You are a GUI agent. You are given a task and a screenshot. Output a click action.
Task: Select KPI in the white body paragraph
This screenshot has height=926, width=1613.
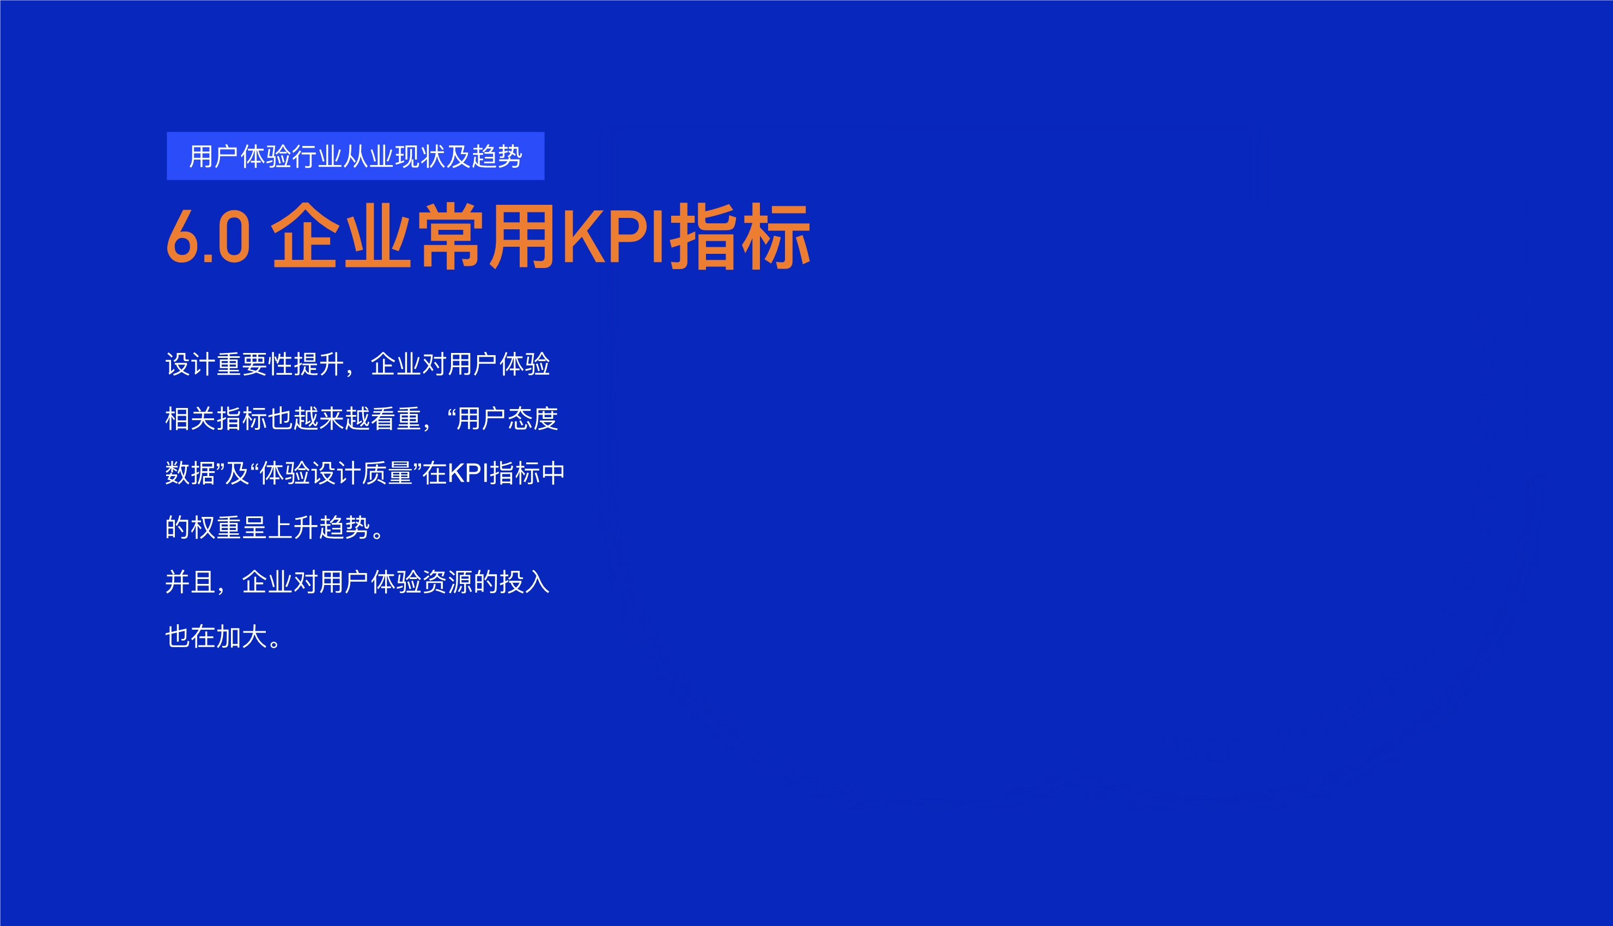[x=467, y=473]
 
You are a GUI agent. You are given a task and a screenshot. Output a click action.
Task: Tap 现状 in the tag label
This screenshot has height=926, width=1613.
[x=420, y=156]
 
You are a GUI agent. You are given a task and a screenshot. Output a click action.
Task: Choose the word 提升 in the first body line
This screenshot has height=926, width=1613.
[x=319, y=364]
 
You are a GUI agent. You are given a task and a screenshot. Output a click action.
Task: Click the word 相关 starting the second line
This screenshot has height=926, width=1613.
[x=190, y=419]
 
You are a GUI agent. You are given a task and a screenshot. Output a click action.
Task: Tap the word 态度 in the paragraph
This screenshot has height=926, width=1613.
[x=532, y=419]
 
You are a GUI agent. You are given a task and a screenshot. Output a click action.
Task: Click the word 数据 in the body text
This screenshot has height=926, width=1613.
[x=190, y=473]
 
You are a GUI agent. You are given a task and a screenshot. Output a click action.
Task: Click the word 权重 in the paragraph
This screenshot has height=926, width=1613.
[x=216, y=528]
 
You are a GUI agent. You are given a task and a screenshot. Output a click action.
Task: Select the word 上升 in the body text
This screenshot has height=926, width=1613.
[x=293, y=528]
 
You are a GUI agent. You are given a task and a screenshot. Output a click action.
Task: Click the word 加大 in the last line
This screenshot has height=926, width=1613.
[x=242, y=637]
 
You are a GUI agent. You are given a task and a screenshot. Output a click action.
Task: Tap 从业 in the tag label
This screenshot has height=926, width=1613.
[x=368, y=156]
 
